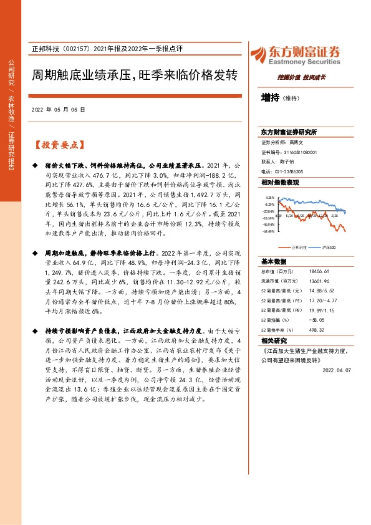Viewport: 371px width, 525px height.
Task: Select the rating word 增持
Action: click(x=270, y=97)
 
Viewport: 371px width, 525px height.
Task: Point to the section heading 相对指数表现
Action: click(x=280, y=182)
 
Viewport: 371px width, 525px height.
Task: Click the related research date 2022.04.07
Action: click(x=338, y=370)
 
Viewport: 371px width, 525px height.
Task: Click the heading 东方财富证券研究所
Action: click(x=289, y=132)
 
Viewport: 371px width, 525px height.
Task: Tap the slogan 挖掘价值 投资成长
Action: click(x=302, y=77)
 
